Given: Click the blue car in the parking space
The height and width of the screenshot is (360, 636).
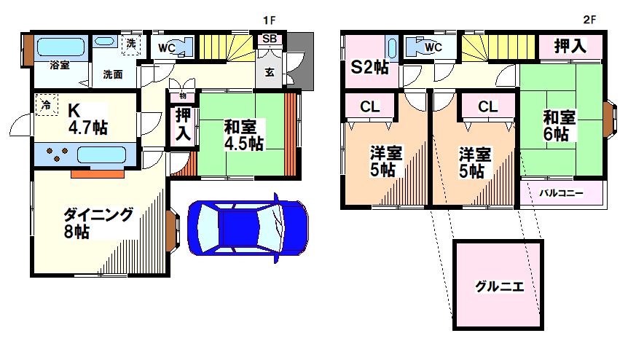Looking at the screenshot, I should pyautogui.click(x=248, y=225).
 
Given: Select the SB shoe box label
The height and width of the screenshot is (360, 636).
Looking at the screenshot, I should pyautogui.click(x=269, y=39).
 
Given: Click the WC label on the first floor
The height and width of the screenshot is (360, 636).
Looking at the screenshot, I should pyautogui.click(x=166, y=47).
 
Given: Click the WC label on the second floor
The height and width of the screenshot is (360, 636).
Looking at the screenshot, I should pyautogui.click(x=433, y=47).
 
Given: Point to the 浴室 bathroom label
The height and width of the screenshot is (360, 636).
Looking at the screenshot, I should pyautogui.click(x=59, y=65).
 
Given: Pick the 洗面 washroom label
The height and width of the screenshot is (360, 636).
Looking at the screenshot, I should pyautogui.click(x=112, y=74).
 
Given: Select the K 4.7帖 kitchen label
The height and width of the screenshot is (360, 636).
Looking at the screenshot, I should pyautogui.click(x=87, y=120).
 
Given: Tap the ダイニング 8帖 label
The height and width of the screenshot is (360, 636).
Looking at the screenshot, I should pyautogui.click(x=98, y=223).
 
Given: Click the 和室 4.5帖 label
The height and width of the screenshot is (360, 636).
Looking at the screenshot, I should pyautogui.click(x=243, y=135).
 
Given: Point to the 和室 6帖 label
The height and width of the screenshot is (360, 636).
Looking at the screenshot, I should pyautogui.click(x=560, y=125).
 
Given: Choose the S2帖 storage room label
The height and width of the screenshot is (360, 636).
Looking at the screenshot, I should pyautogui.click(x=370, y=68).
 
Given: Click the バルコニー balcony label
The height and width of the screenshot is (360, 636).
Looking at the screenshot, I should pyautogui.click(x=561, y=193).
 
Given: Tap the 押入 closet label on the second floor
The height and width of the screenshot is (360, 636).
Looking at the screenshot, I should pyautogui.click(x=570, y=46).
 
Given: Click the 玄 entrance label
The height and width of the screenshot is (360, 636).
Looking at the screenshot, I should pyautogui.click(x=269, y=72).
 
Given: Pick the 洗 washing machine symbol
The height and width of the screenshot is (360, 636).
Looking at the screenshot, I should pyautogui.click(x=131, y=43).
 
